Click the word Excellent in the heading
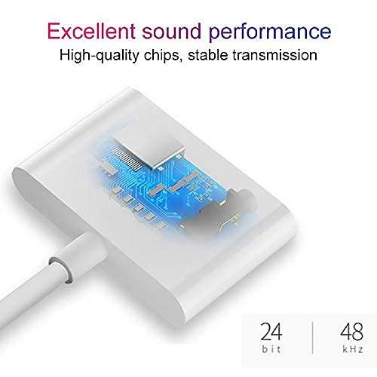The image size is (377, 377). click(90, 31)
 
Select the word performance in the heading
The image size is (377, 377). click(277, 32)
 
